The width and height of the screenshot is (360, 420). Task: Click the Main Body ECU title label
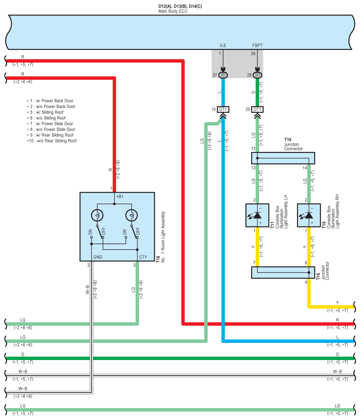(173, 11)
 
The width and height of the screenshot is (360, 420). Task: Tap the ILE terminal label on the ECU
(223, 45)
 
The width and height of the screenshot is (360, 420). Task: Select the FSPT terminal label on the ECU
(257, 45)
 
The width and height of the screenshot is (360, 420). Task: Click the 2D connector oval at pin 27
(223, 75)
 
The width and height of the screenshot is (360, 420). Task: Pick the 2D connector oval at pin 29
(257, 75)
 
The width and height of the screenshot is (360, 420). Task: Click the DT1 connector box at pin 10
(223, 109)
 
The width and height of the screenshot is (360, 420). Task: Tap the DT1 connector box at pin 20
(257, 109)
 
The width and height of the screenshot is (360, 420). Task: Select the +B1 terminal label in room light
(120, 197)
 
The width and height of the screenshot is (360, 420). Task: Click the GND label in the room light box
(98, 257)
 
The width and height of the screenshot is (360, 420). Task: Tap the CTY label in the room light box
(143, 257)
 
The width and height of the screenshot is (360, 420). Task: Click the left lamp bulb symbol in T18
(97, 215)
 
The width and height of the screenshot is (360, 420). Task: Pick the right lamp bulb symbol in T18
(131, 215)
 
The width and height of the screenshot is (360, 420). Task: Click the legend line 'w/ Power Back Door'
(50, 101)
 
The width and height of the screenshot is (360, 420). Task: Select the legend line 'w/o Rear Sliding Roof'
(52, 141)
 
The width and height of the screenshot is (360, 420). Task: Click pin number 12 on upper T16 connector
(253, 149)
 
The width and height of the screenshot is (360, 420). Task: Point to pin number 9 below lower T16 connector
(306, 282)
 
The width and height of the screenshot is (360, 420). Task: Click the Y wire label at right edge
(337, 303)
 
